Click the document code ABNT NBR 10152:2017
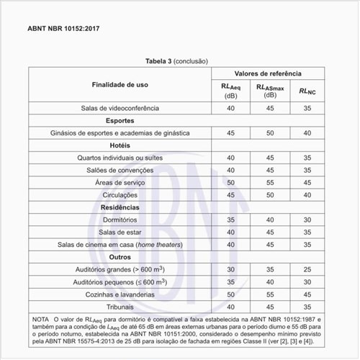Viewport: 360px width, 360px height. (x=63, y=30)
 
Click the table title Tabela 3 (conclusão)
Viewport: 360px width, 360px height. (x=178, y=61)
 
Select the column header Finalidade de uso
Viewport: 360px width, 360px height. (x=120, y=84)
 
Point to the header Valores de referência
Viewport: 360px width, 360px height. (x=267, y=74)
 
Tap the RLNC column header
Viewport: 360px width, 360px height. (x=307, y=91)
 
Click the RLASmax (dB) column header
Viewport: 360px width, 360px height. (x=270, y=91)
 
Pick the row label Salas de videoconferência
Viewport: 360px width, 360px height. (x=120, y=108)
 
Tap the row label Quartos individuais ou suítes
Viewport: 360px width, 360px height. (x=120, y=158)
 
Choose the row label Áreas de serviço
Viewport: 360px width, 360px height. (x=120, y=182)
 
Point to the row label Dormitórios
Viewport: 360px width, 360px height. (x=120, y=220)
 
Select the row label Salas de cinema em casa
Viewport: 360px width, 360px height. (x=120, y=244)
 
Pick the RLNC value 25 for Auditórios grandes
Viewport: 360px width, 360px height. (x=307, y=269)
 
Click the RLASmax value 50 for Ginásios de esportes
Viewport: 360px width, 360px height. (x=270, y=132)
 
